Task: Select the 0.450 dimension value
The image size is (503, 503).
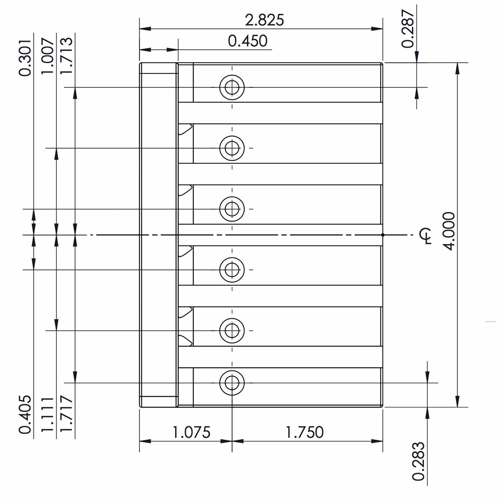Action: coord(248,41)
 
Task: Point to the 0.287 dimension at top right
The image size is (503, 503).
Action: coord(408,29)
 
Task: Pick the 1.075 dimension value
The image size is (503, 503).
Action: coord(191,432)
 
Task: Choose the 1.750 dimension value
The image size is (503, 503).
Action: coord(304,432)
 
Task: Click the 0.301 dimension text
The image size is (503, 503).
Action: coord(25,58)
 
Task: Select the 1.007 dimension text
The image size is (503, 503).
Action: coord(48,56)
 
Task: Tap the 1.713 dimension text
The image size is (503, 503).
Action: coord(66,56)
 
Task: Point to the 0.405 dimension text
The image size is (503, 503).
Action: coord(25,415)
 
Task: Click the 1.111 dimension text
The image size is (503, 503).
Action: coord(48,415)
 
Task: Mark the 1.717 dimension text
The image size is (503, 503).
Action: coord(66,415)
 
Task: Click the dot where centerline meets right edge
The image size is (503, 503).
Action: coord(383,235)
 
